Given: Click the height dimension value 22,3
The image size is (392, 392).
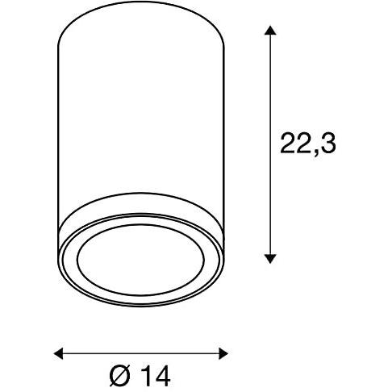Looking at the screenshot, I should (307, 144).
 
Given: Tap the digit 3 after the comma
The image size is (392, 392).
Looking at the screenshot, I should (326, 144).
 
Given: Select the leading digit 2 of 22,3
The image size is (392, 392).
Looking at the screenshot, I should (288, 144).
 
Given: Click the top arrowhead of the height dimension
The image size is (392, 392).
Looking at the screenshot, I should (271, 31).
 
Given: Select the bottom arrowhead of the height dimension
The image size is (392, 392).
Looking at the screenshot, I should (271, 257).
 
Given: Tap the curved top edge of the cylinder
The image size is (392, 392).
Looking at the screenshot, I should (141, 15).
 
